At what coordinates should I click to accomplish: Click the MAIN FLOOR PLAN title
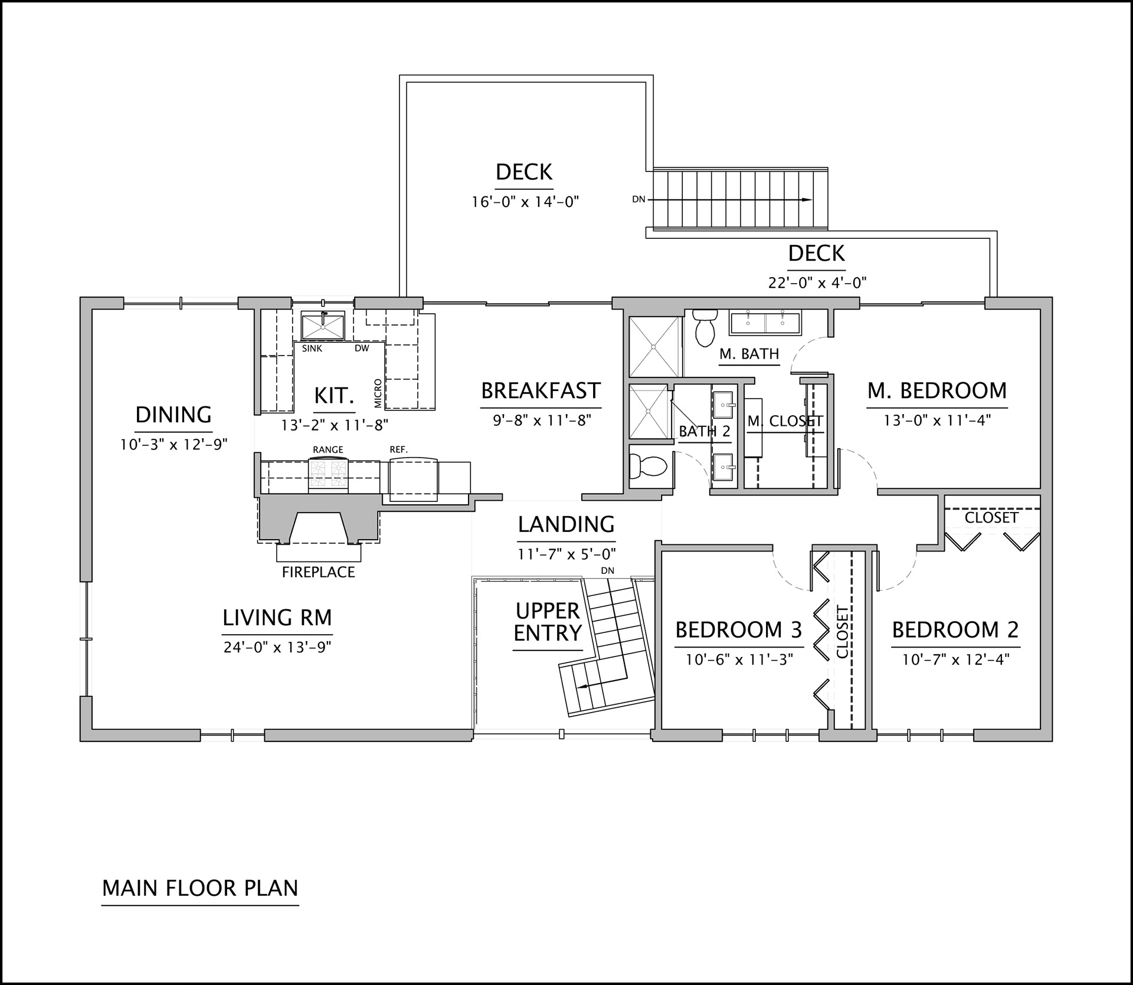coord(200,888)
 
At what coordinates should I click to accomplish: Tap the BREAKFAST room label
coord(541,391)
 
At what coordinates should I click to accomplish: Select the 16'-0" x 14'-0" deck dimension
coord(525,202)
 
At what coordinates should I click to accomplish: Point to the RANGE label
coord(328,449)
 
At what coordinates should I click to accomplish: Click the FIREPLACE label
coord(319,572)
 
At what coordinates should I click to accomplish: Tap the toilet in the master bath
coord(704,327)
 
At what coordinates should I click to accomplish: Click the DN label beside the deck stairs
coord(638,199)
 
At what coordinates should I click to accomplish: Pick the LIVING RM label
coord(277,618)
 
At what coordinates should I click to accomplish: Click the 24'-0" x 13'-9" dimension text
coord(277,647)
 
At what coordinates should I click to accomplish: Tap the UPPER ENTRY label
coord(548,622)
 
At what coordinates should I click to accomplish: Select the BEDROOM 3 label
coord(739,630)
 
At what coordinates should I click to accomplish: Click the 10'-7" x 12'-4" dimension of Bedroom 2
coord(956,659)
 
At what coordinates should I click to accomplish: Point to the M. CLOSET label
coord(785,421)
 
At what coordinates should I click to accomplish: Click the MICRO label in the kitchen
coord(378,393)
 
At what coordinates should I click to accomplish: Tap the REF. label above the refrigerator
coord(398,449)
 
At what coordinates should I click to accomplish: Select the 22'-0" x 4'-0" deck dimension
coord(817,283)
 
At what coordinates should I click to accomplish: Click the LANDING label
coord(566,524)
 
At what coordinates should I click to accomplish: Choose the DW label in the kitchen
coord(362,348)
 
